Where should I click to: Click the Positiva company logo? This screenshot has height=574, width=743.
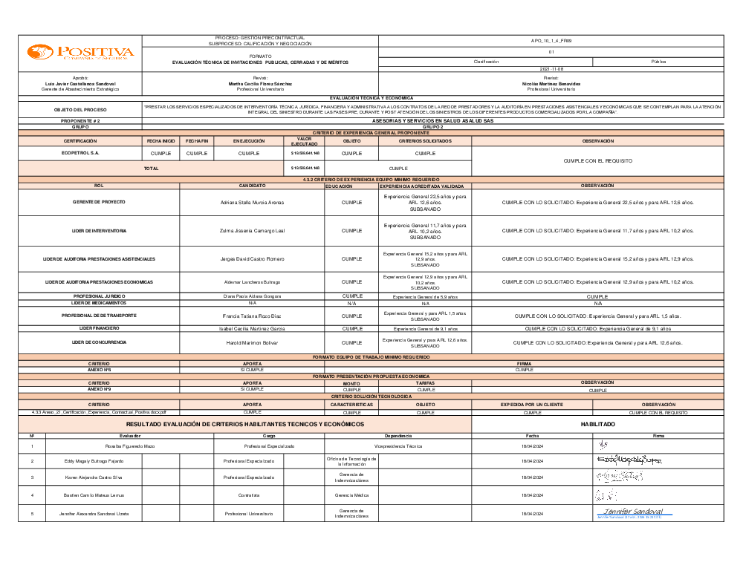coord(80,52)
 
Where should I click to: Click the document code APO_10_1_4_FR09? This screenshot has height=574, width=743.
coord(551,41)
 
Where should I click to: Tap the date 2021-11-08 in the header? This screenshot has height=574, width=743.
coord(551,68)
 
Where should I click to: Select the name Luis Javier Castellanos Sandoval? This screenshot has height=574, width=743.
coord(80,84)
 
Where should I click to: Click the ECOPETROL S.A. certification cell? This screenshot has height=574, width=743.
coord(80,153)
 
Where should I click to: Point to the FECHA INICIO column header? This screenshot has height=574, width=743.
coord(160,140)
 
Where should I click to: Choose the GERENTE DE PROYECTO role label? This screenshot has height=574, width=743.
coord(99,202)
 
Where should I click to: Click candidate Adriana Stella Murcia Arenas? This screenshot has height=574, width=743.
coord(252,202)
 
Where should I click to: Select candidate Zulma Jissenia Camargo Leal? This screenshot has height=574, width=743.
coord(252,231)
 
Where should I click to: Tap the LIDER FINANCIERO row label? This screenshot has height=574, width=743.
coord(99,327)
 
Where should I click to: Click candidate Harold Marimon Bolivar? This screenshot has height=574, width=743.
coord(252,342)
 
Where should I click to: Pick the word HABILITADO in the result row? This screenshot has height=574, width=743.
coord(597,424)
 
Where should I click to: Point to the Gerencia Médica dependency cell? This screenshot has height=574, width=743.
coord(351,495)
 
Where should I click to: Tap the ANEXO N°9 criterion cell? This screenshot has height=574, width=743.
coord(99,389)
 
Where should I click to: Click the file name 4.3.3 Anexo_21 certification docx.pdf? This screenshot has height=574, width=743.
coord(99,411)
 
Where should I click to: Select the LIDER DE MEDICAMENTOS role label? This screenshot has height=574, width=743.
coord(99,303)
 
